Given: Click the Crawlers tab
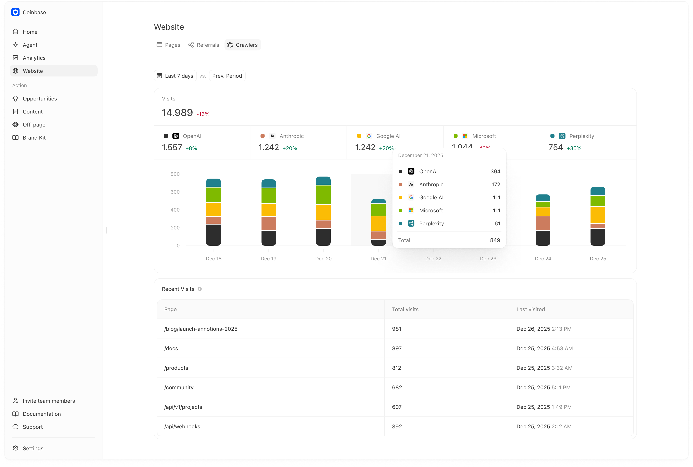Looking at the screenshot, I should click(x=243, y=45).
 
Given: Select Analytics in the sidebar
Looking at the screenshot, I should click(x=34, y=58).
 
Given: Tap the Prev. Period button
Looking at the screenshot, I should click(x=227, y=76).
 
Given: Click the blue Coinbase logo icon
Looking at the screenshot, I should click(x=15, y=12).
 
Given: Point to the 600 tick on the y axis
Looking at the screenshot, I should click(x=175, y=192).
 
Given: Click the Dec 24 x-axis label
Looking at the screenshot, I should click(x=543, y=259).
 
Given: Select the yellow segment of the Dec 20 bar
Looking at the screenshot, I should click(x=323, y=212).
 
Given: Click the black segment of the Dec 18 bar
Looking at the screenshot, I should click(x=214, y=235).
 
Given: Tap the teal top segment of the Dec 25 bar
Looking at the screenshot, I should click(x=597, y=191).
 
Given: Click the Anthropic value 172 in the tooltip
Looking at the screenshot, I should click(x=496, y=185).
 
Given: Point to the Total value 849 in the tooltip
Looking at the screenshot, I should click(x=495, y=240).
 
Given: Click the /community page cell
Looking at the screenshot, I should click(x=179, y=387).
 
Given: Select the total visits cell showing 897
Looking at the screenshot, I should click(x=397, y=348).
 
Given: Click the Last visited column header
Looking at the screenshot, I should click(x=531, y=309).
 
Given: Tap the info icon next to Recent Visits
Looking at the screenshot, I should click(x=200, y=289).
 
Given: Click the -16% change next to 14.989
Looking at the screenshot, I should click(x=203, y=114).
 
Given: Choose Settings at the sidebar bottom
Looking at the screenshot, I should click(x=33, y=448).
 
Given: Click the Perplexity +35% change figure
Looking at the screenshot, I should click(x=574, y=148).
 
